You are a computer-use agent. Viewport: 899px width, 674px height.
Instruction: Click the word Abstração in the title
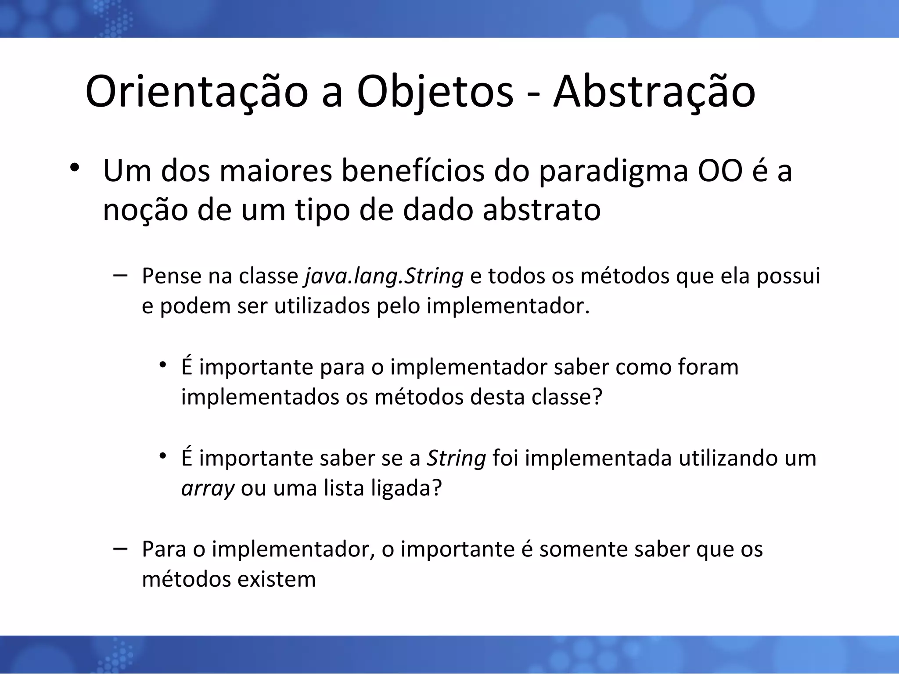(654, 92)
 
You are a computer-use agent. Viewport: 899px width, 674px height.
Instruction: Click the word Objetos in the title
(435, 92)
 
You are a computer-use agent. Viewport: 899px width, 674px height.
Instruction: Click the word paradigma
(613, 172)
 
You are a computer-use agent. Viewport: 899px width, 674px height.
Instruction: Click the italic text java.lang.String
(384, 276)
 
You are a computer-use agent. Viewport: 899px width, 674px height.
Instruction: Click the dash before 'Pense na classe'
(120, 276)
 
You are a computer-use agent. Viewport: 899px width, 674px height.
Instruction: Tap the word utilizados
(322, 306)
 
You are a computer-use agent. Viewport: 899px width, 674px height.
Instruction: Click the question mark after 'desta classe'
(597, 397)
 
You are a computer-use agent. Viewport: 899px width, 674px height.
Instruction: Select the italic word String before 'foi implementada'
(457, 459)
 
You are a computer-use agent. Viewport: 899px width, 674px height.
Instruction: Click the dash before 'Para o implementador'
(120, 549)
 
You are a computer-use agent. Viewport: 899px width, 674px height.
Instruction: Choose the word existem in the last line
(277, 579)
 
